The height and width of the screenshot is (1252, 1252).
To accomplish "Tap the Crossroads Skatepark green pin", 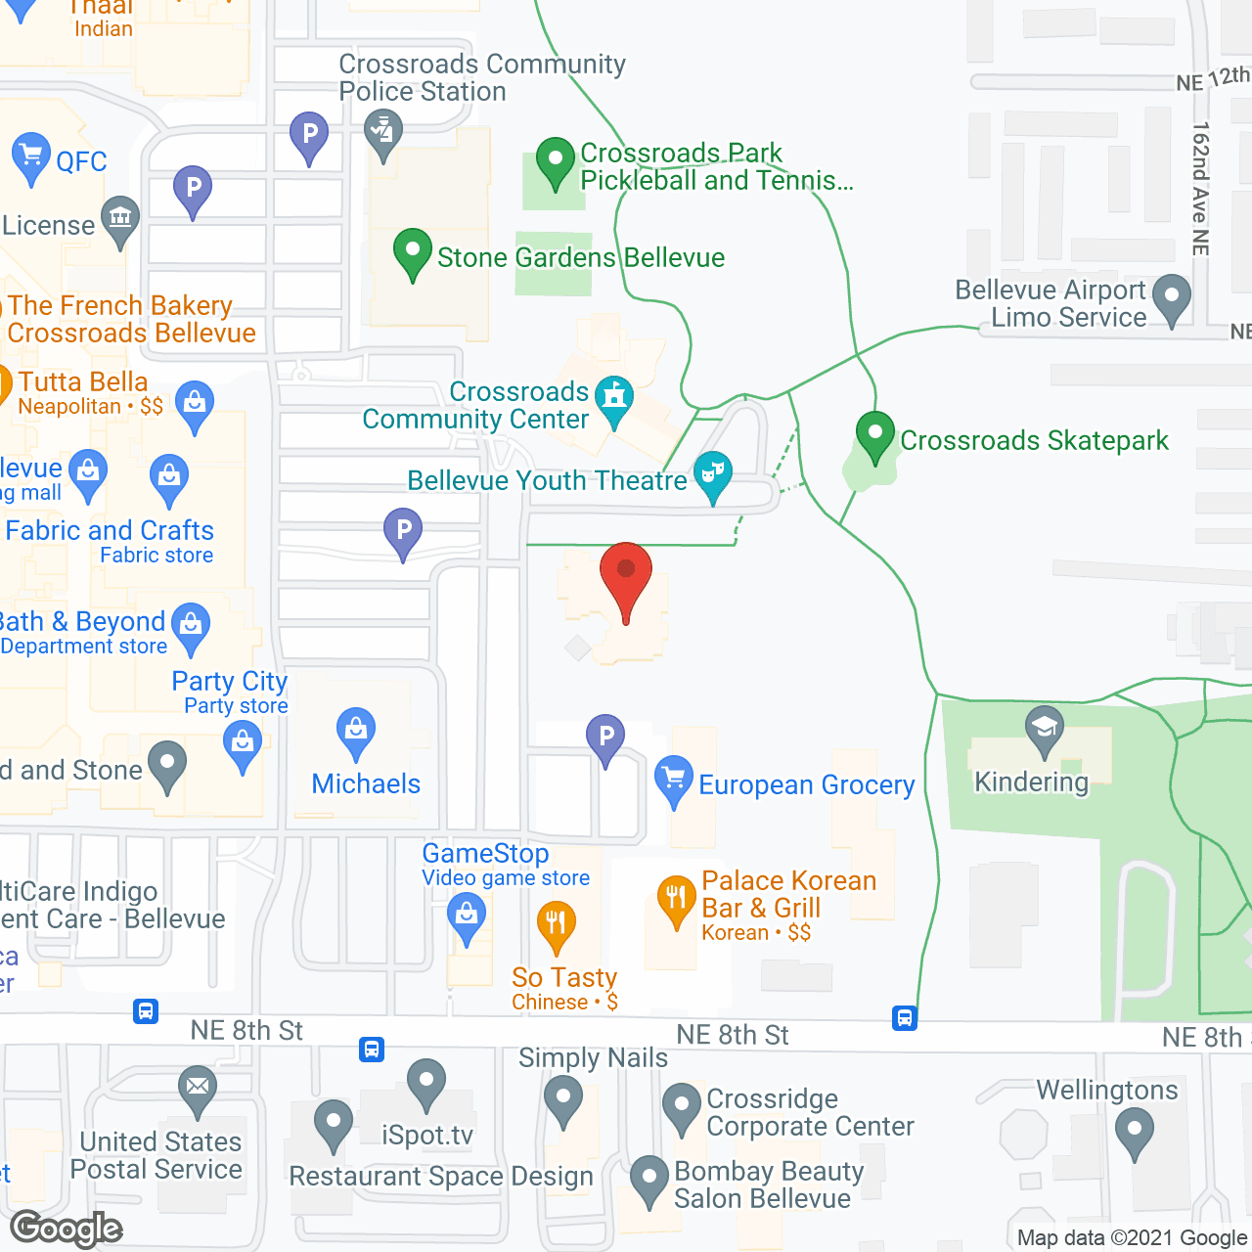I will coord(875,435).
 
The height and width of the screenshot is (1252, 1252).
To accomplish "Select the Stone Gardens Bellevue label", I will coord(580,257).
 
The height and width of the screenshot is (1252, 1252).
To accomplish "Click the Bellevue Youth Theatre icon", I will coord(713,474).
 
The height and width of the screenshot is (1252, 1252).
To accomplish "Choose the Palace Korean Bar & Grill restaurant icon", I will coord(676,901).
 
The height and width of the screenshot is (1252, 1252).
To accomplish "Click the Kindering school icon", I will coord(1045,730).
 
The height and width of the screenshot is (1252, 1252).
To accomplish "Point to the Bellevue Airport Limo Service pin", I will coord(1172,297).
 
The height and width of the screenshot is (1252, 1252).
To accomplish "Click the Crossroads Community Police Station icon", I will coord(382,134).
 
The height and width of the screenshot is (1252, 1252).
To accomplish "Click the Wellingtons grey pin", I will coord(1135,1131).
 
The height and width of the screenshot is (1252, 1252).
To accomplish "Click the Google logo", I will coord(67,1229).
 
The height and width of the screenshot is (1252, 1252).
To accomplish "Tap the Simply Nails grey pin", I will coord(562,1099).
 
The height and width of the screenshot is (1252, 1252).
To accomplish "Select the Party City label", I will coord(230,681).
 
